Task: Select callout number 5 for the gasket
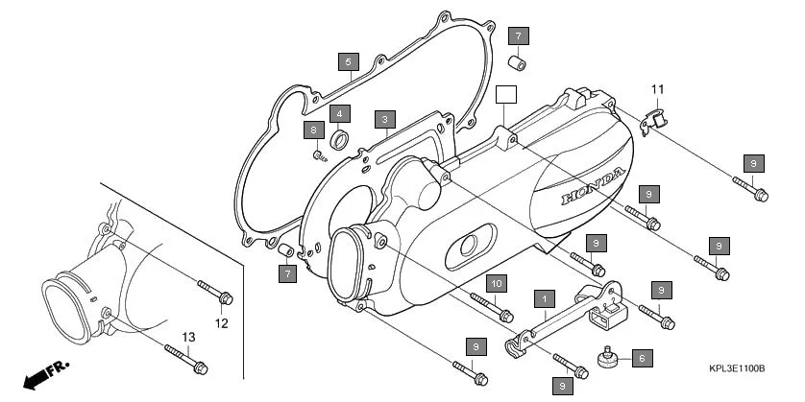tap(348, 61)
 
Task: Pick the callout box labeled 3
tap(384, 119)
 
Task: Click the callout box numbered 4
tap(339, 113)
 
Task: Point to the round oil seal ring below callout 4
tap(339, 141)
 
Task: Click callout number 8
tap(312, 130)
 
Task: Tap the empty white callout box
tap(506, 93)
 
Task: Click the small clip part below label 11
tap(652, 119)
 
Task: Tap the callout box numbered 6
tap(642, 357)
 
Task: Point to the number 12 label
tap(221, 323)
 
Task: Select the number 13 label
tap(188, 337)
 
